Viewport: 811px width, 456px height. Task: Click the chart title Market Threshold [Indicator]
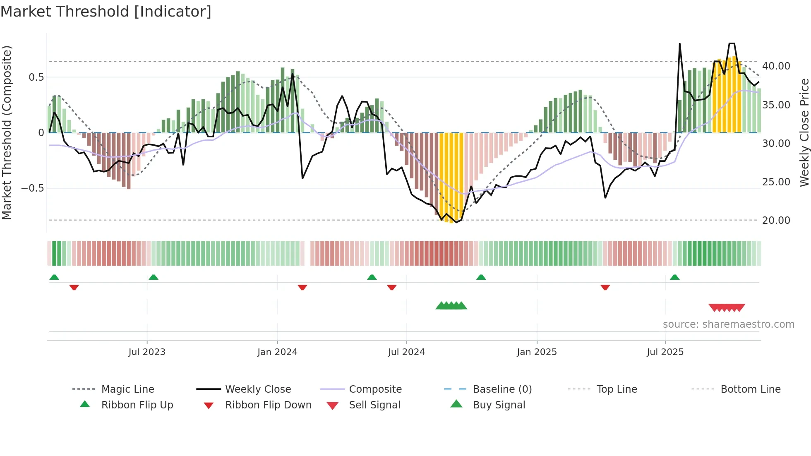click(x=106, y=12)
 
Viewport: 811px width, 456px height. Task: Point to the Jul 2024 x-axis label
click(x=406, y=352)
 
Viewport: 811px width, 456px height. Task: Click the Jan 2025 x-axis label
click(x=537, y=352)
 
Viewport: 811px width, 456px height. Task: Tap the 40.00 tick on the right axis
click(x=776, y=66)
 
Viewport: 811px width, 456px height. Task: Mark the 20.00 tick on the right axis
click(x=776, y=221)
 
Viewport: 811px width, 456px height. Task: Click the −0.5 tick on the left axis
click(x=32, y=188)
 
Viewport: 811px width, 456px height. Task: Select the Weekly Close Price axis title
click(x=804, y=132)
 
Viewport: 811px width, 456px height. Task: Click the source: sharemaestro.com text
click(x=728, y=324)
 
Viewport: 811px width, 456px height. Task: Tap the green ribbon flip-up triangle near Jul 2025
click(x=675, y=277)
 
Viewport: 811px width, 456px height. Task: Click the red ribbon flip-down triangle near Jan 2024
click(x=302, y=287)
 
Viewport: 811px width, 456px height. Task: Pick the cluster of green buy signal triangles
click(x=451, y=306)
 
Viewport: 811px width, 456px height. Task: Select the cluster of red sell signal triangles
click(x=727, y=307)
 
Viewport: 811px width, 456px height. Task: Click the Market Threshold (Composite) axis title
click(x=7, y=132)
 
